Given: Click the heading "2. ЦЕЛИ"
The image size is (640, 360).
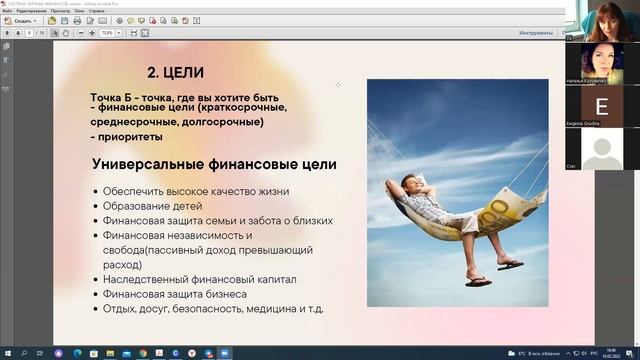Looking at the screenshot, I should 176,72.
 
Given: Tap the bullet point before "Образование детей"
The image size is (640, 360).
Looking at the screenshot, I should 95,206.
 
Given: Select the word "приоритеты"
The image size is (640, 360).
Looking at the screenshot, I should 129,136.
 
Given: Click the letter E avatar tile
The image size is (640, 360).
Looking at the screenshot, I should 601,106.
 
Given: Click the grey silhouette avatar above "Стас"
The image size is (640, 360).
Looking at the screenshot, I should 601,149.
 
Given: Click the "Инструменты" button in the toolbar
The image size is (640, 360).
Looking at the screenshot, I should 536,33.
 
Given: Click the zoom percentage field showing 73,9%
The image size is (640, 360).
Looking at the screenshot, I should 106,33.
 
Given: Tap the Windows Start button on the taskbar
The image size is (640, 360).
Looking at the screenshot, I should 7,353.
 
